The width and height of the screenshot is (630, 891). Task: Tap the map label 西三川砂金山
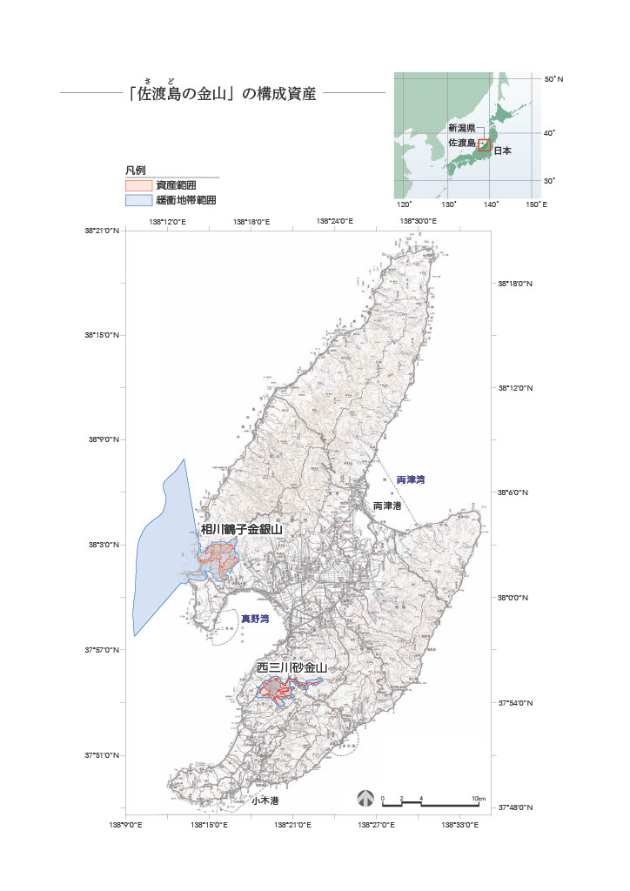[292, 668]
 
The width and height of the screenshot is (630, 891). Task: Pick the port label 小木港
[265, 800]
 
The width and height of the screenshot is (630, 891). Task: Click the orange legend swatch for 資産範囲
[138, 185]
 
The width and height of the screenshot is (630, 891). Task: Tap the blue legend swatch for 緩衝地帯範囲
[138, 200]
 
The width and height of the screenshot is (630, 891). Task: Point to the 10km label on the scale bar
[478, 798]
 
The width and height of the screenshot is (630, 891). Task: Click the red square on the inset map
[484, 145]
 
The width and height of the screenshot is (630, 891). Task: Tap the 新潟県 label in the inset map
[462, 128]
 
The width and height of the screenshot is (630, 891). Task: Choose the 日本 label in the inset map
[502, 151]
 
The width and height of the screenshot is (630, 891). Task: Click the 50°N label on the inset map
[553, 79]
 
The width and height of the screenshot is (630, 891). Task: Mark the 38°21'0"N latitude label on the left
[102, 231]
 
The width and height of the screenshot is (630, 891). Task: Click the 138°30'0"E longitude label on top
[419, 222]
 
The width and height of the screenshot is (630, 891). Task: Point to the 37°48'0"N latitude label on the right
[515, 808]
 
